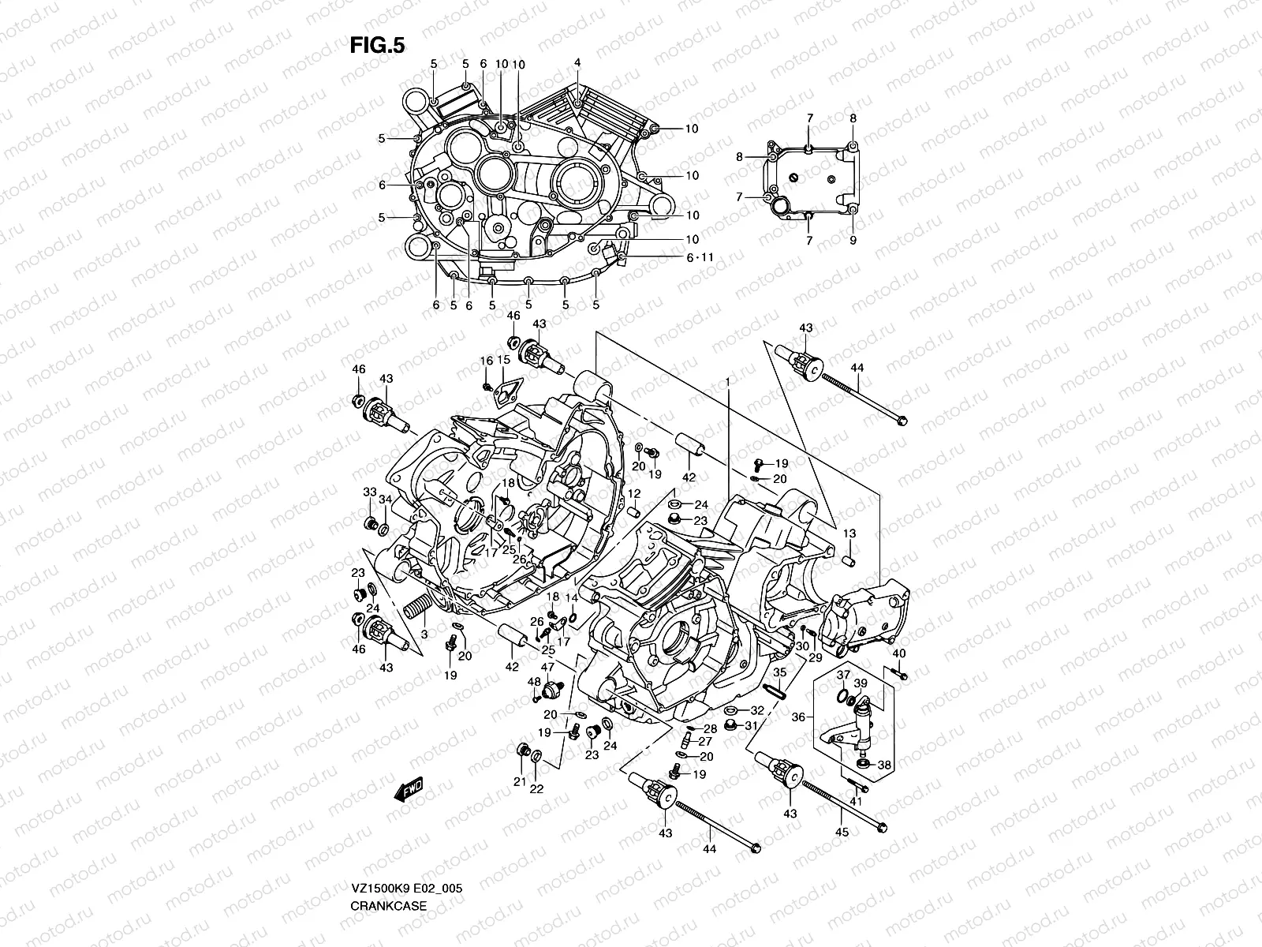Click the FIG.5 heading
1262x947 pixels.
tap(377, 46)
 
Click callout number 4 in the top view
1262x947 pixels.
tap(577, 62)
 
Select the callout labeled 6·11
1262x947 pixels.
tap(699, 257)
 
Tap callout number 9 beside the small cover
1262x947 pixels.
tap(853, 240)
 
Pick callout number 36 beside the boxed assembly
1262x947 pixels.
tap(798, 717)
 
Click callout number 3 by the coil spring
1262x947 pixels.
tap(424, 634)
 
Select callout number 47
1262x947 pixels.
tap(547, 667)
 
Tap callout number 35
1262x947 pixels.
tap(779, 672)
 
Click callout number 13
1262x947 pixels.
tap(849, 534)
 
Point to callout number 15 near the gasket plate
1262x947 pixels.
tap(503, 360)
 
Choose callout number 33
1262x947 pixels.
tap(369, 492)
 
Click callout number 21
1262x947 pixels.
tap(519, 781)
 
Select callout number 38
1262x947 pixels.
tap(884, 765)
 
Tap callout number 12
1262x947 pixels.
tap(633, 493)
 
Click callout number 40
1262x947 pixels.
tap(899, 653)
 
